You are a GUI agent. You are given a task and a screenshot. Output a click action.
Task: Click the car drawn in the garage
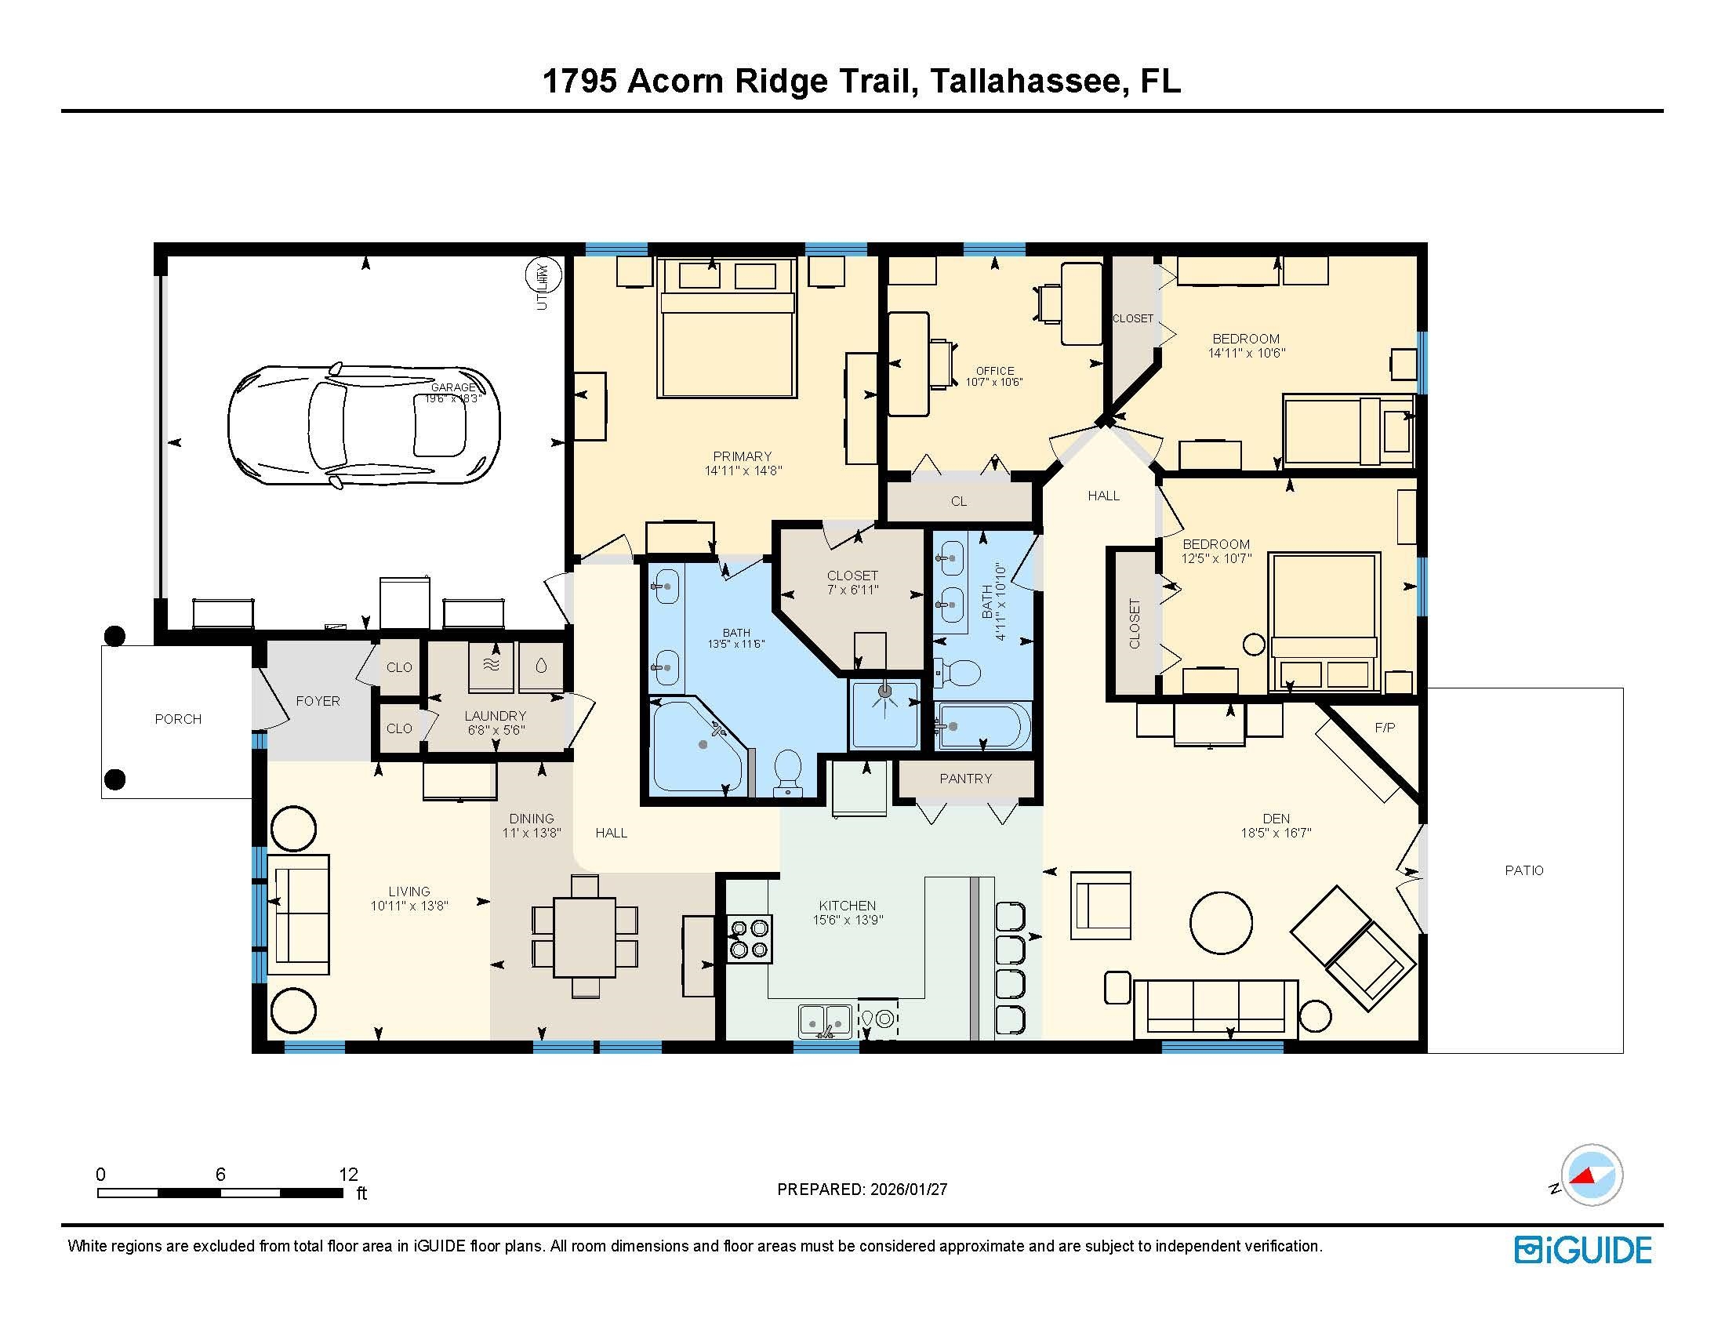pos(363,425)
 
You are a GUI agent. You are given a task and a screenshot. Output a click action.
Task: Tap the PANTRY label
pos(965,779)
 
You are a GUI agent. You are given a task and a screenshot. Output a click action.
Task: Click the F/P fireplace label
pos(1385,728)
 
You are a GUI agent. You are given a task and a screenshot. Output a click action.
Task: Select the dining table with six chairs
pos(584,936)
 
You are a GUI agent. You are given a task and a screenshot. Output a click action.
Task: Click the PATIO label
pos(1523,870)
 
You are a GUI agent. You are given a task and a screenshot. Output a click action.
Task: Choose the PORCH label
pos(178,719)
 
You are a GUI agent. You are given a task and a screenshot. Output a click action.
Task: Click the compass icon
pos(1592,1175)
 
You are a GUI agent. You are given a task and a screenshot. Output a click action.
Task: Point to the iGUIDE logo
pos(1583,1250)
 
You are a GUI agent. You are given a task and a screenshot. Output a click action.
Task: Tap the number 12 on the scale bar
pos(348,1175)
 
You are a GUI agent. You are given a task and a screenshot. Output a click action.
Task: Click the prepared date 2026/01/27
pos(907,1190)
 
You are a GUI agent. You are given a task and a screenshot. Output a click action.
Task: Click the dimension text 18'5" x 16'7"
pos(1276,832)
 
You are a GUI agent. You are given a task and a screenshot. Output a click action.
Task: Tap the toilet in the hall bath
pos(957,674)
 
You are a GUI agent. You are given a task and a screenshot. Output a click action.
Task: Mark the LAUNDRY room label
pos(496,716)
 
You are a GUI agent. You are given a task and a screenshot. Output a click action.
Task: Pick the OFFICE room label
pos(994,370)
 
